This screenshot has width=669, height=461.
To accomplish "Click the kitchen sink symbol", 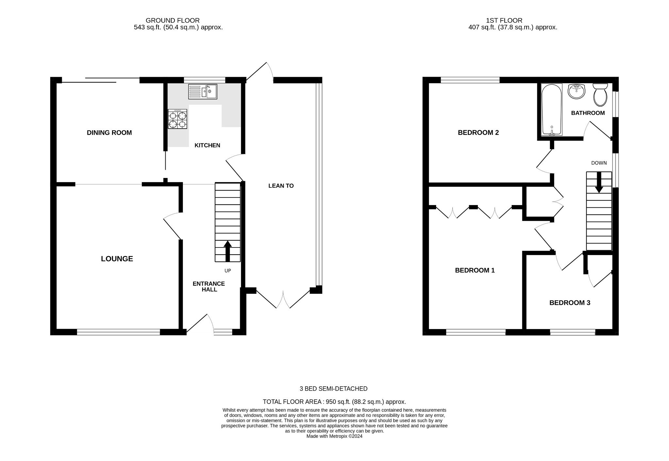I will [203, 91].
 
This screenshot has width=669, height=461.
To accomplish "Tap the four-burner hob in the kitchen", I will [177, 119].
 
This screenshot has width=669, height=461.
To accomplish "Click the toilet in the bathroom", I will [600, 95].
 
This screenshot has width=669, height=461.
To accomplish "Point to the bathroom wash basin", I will [577, 91].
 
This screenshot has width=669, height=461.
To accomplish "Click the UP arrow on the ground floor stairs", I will [227, 251].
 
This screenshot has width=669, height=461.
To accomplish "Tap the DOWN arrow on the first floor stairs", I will [599, 182].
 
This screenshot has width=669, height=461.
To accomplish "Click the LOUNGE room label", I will [117, 259].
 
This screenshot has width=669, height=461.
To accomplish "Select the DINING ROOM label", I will [109, 133].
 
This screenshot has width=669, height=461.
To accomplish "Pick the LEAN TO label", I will [281, 186].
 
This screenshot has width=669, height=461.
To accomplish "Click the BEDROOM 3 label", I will [570, 303].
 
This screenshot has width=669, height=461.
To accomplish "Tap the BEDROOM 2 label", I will [478, 133].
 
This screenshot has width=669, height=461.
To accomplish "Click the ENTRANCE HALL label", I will [209, 287].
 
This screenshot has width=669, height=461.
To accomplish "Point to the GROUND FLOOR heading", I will [172, 21].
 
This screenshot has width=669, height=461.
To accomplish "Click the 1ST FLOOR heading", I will [504, 21].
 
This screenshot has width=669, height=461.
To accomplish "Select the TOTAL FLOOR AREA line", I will [334, 402].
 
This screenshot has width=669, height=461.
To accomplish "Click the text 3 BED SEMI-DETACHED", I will [334, 389].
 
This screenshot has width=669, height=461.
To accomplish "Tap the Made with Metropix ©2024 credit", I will [334, 436].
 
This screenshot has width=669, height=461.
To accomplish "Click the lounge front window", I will [118, 332].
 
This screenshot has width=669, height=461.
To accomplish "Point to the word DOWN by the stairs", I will [599, 163].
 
